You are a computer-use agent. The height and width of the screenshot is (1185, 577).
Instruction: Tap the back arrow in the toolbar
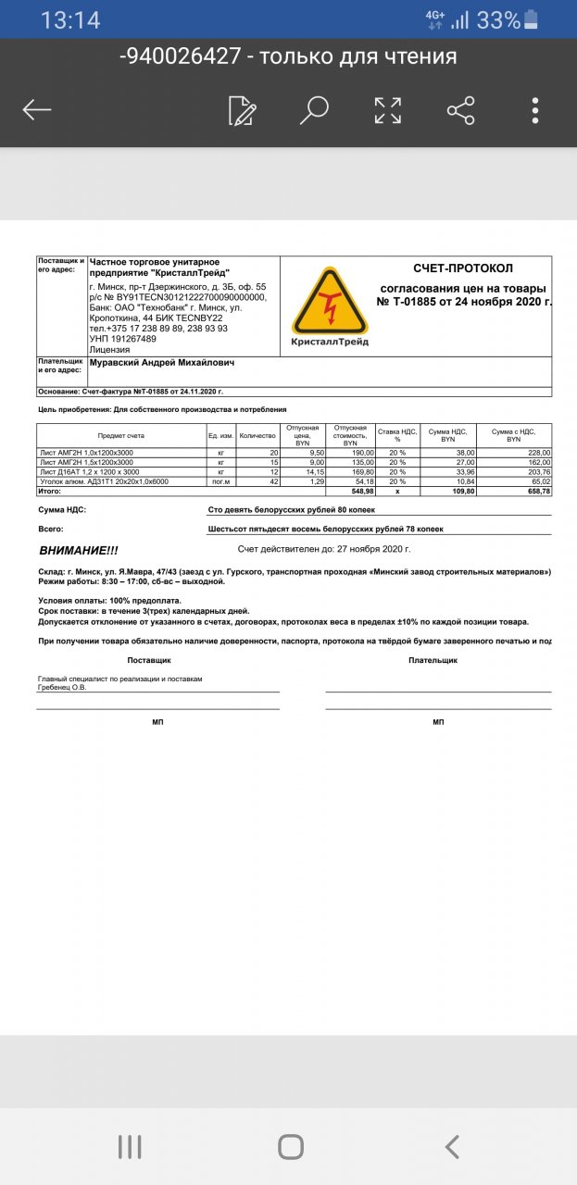coord(37,110)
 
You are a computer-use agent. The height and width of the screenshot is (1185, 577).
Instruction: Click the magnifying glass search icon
coord(315,110)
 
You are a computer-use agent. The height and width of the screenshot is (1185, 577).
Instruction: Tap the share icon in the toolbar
coord(460,110)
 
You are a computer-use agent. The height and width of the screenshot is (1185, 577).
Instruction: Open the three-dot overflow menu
coord(535,110)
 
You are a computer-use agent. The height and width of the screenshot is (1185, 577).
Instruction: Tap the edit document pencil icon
coord(242,110)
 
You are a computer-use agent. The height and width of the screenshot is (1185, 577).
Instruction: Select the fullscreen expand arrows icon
coord(387,110)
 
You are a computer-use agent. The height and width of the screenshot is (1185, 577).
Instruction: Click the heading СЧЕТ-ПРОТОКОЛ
coord(463,268)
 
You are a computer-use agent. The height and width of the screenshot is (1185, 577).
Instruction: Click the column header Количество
coord(257,435)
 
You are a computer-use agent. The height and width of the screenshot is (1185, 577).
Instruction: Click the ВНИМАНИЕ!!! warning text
coord(79,550)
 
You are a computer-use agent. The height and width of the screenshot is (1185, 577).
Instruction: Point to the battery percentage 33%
coord(498,19)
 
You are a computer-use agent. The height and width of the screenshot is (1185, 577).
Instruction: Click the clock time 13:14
coord(70,19)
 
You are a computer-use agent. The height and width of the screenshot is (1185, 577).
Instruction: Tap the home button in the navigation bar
coord(290,1147)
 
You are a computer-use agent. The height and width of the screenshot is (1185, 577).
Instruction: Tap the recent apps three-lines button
coord(130,1147)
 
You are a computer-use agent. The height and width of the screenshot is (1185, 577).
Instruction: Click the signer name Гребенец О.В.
coord(63,687)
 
